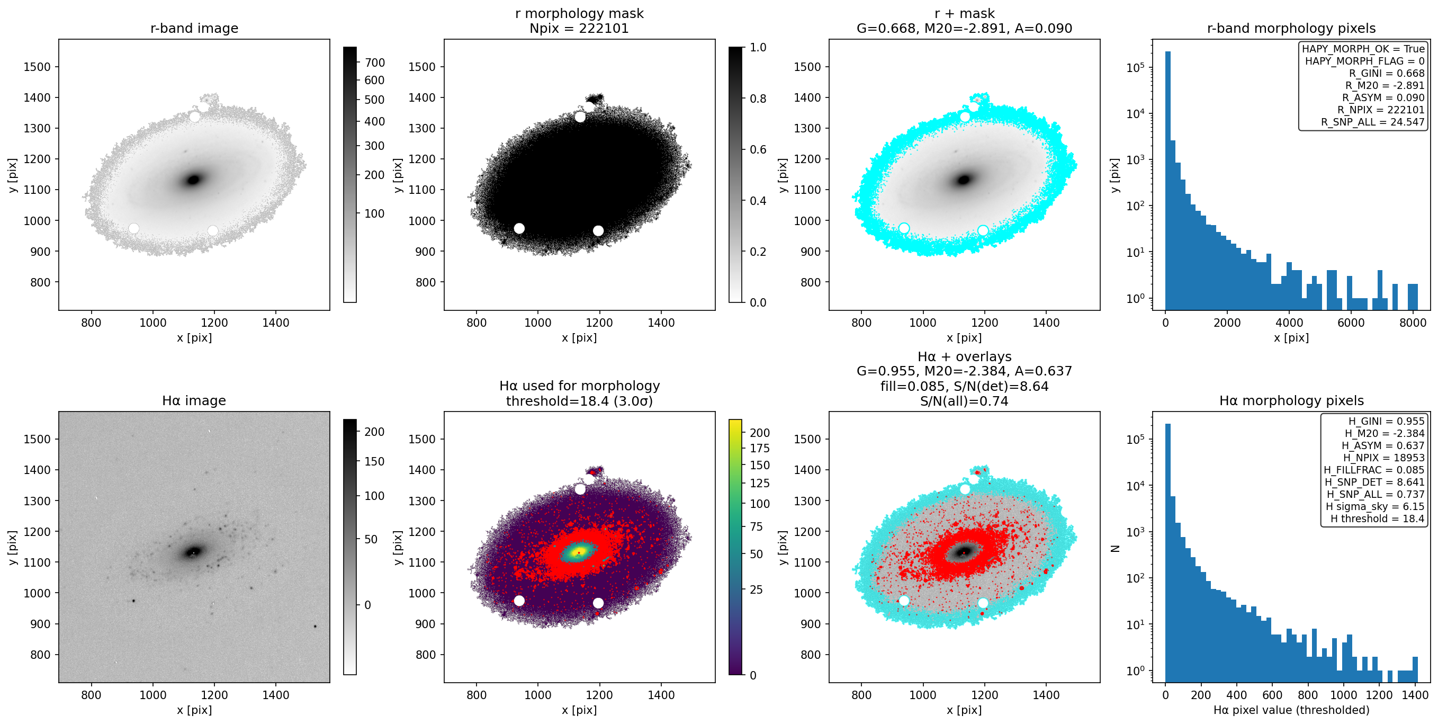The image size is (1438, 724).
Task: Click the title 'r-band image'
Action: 194,28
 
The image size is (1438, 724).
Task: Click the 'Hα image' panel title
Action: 194,400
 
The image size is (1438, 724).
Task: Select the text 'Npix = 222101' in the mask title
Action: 579,28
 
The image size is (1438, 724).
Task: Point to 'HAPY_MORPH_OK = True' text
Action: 1363,49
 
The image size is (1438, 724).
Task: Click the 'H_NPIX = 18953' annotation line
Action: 1384,458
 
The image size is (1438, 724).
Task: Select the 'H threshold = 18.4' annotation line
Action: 1377,519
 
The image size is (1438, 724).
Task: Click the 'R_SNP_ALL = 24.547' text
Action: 1373,122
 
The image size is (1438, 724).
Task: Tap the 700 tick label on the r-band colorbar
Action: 374,62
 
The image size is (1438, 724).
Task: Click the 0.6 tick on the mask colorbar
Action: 758,149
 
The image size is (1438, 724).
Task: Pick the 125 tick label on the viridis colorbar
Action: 760,484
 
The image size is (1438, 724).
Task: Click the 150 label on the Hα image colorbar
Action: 374,461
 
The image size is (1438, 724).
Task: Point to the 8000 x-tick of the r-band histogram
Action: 1413,323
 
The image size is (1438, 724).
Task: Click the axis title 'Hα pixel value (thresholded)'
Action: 1291,710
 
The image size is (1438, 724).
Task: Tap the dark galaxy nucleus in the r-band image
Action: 194,180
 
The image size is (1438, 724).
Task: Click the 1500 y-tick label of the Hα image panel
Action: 38,439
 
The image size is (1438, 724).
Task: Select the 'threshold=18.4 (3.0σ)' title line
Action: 579,401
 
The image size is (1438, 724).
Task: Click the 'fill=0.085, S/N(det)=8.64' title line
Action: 964,386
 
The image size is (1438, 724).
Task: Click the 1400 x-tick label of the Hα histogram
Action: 1415,695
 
